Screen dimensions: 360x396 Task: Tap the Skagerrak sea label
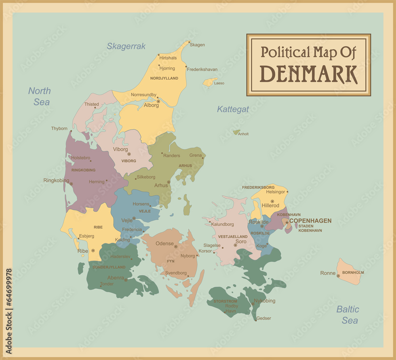point(126,46)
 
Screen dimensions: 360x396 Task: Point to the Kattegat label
point(233,109)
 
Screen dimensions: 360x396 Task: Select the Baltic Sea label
point(348,315)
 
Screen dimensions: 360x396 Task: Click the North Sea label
point(40,96)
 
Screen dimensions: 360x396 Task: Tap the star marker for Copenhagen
point(287,223)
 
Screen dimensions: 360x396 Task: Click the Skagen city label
point(197,45)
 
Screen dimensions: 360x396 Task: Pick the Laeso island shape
point(209,82)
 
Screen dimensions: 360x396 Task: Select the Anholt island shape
point(236,133)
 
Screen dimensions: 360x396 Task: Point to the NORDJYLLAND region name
point(164,78)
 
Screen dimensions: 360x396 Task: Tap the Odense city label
point(164,243)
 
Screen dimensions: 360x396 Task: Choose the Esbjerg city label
point(87,236)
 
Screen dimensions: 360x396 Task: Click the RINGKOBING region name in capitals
point(83,170)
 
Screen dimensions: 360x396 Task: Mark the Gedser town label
point(264,318)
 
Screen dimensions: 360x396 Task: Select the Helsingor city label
point(275,192)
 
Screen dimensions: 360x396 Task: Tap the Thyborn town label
point(59,129)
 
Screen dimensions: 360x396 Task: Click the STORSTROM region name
point(225,301)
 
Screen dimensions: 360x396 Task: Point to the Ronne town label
point(327,273)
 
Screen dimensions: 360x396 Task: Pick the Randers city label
point(171,155)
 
